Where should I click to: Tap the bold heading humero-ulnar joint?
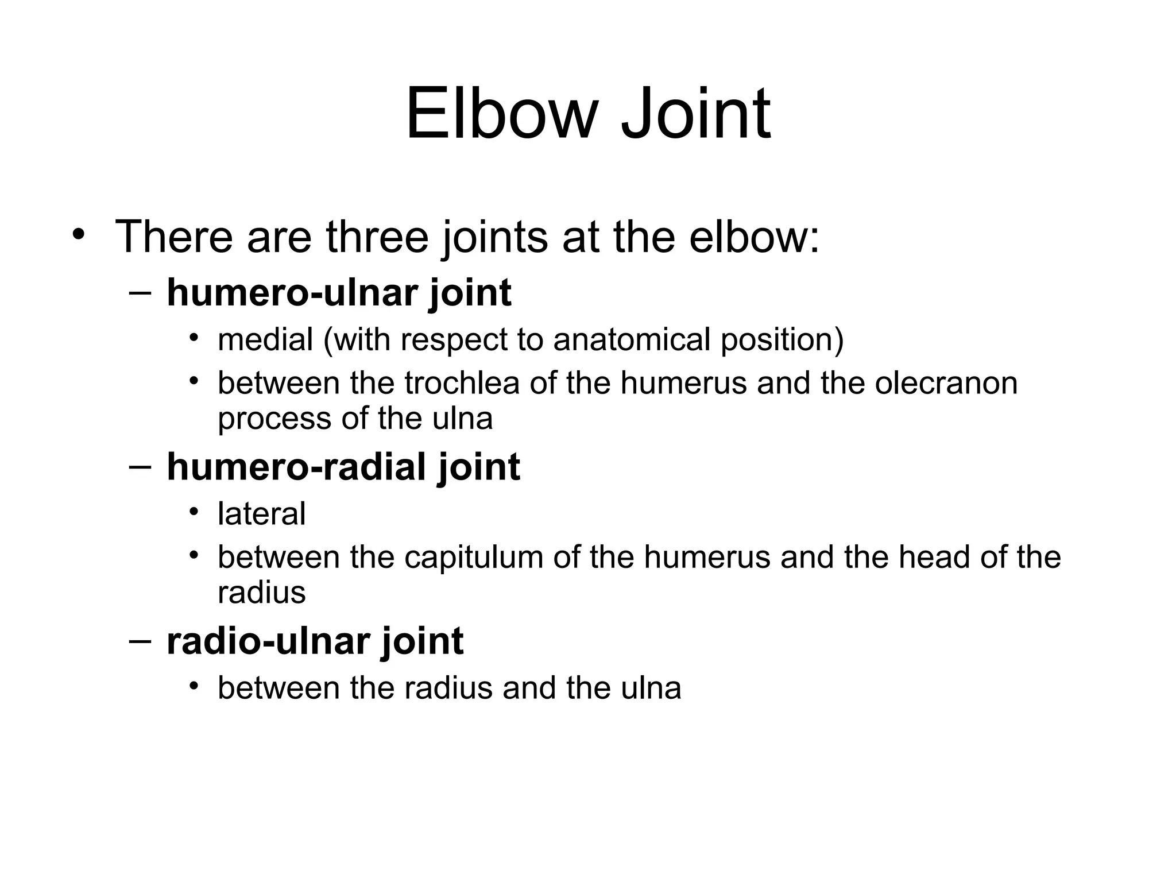[x=339, y=293]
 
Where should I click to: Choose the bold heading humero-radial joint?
[x=343, y=467]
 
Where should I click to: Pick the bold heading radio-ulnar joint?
[x=315, y=641]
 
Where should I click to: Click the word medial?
[x=265, y=339]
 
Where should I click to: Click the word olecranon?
[x=946, y=383]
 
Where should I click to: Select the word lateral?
[x=261, y=513]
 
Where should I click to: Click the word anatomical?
[x=632, y=339]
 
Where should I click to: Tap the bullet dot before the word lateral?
[x=195, y=511]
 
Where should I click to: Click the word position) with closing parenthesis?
[x=782, y=339]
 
